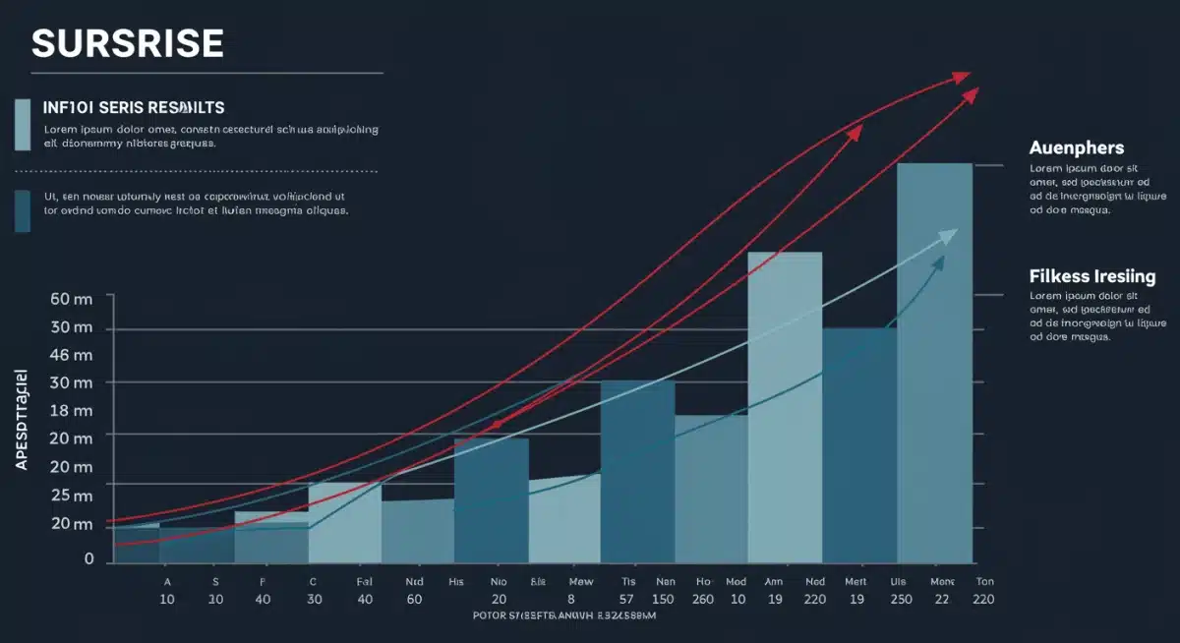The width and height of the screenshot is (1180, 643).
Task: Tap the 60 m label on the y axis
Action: click(71, 298)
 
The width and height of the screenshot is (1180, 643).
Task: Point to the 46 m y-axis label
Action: click(71, 355)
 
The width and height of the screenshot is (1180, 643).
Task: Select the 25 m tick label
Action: click(71, 496)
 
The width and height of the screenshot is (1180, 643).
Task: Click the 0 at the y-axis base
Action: click(88, 558)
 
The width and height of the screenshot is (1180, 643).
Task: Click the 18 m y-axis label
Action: click(71, 411)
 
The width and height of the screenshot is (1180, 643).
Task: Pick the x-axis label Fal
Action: click(365, 582)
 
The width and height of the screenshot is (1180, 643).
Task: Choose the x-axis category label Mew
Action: click(581, 582)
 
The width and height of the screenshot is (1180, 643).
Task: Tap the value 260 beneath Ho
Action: click(703, 599)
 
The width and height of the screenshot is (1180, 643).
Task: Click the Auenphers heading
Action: click(1077, 147)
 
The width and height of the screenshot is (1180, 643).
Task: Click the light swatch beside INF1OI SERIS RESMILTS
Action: click(23, 124)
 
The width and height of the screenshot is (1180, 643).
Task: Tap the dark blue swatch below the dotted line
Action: click(23, 210)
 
